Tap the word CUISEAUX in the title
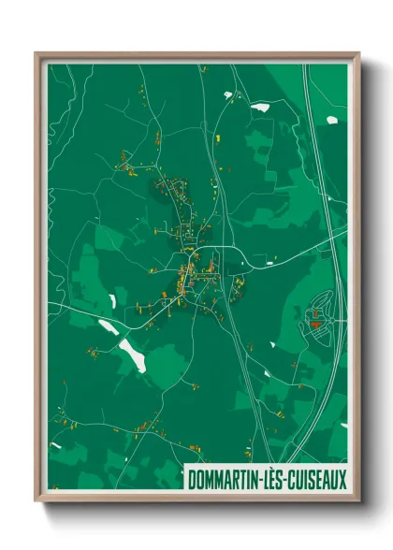(x=313, y=481)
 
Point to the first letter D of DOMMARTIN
(x=191, y=481)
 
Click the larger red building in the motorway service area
(x=315, y=324)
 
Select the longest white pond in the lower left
(x=131, y=353)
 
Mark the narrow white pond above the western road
(x=112, y=301)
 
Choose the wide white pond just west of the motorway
(x=259, y=107)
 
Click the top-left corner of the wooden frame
(x=36, y=53)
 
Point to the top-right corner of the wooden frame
(x=359, y=53)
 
